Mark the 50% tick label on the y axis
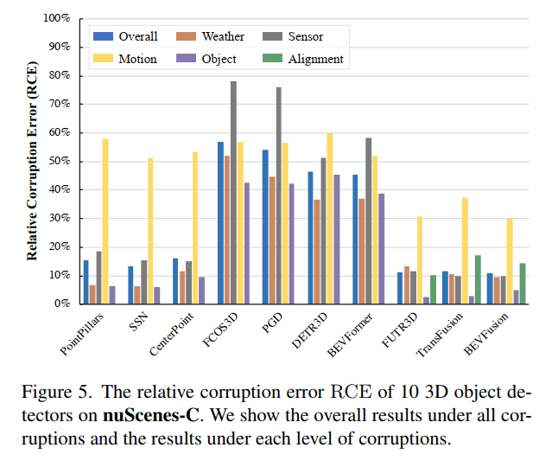[x=59, y=161]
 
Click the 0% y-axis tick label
[x=62, y=304]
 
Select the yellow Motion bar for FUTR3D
[x=420, y=259]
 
